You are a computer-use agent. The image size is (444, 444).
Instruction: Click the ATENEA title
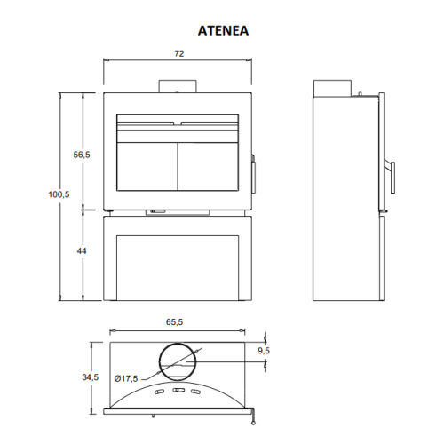223,31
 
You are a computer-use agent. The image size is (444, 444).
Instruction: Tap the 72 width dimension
179,53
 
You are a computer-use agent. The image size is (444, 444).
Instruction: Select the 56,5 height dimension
82,155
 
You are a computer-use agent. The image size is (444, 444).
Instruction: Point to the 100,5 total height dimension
59,194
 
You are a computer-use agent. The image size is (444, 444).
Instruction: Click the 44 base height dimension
82,251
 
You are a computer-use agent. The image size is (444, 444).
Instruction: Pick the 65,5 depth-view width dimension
174,321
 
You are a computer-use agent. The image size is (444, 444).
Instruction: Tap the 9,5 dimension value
264,351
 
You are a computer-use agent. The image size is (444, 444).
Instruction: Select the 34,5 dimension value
91,377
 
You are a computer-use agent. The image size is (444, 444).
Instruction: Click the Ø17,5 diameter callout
126,378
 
